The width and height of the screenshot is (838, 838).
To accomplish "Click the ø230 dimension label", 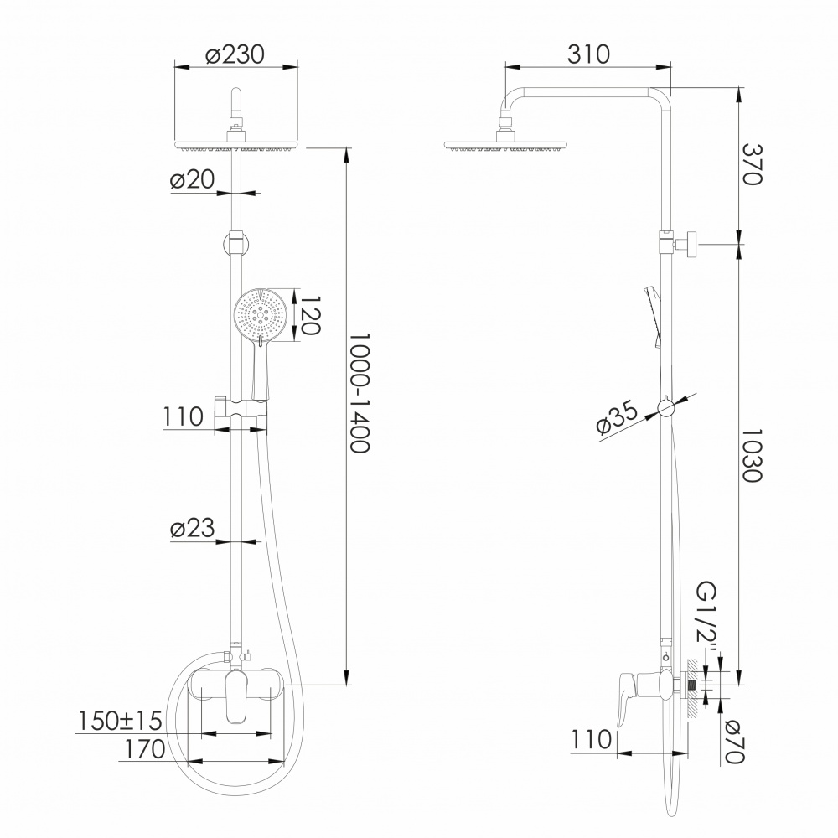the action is point(235,54).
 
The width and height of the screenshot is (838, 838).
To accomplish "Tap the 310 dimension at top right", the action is point(588,54).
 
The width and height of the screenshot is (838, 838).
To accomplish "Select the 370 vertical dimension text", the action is point(752,164).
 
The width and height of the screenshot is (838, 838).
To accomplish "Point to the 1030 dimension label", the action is point(752,455).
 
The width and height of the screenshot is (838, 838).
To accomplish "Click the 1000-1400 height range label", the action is point(360,393).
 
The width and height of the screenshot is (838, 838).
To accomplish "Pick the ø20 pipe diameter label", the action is point(192,179).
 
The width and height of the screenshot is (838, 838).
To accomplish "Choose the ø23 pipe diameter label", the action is point(192,528).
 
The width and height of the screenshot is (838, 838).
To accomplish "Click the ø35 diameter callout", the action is point(617,418).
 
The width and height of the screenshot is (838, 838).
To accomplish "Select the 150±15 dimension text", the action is point(120,721).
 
